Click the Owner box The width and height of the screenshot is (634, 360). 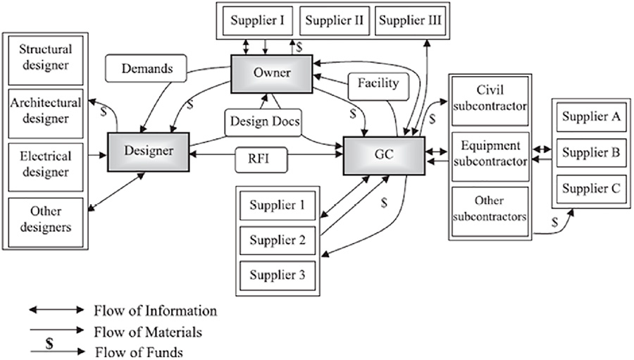click(273, 73)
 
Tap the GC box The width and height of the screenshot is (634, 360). click(384, 156)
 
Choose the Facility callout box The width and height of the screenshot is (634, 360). click(378, 84)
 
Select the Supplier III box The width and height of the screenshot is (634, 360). click(410, 20)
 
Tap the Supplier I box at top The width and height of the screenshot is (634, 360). click(257, 20)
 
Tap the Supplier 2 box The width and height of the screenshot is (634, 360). click(278, 240)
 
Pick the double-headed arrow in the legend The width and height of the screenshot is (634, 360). click(56, 310)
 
